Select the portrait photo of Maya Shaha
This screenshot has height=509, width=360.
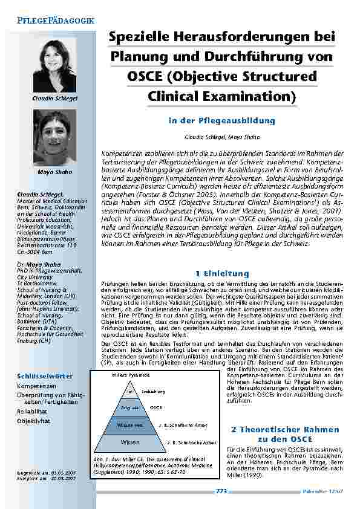tap(54, 138)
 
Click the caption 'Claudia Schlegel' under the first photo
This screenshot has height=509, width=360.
tap(54, 98)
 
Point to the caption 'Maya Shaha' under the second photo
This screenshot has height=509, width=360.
tap(54, 172)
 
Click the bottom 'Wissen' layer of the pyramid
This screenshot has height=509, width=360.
tap(129, 443)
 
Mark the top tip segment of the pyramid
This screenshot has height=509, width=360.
tap(129, 391)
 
